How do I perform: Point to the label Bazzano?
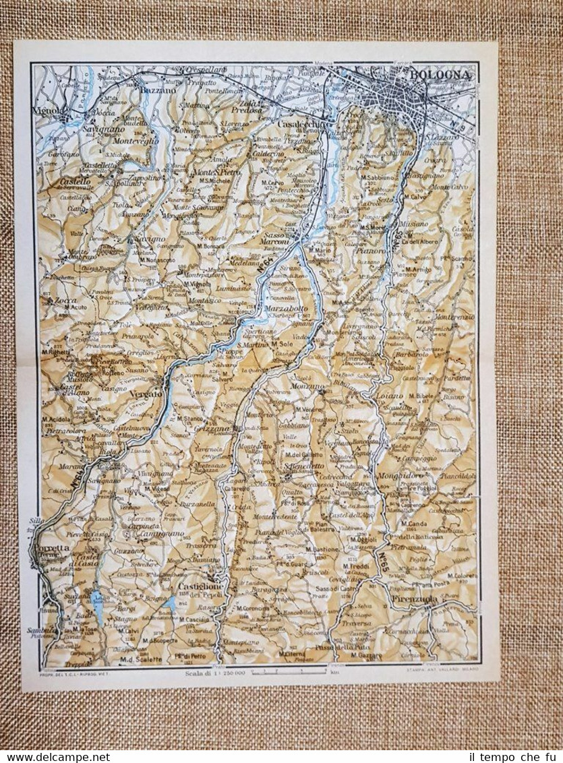click(156, 88)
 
